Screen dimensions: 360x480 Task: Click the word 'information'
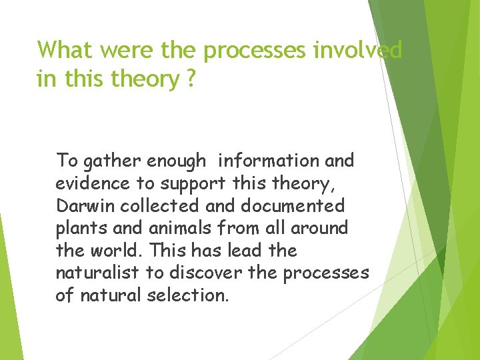click(x=267, y=161)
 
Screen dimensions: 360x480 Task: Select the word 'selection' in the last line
click(x=187, y=295)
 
